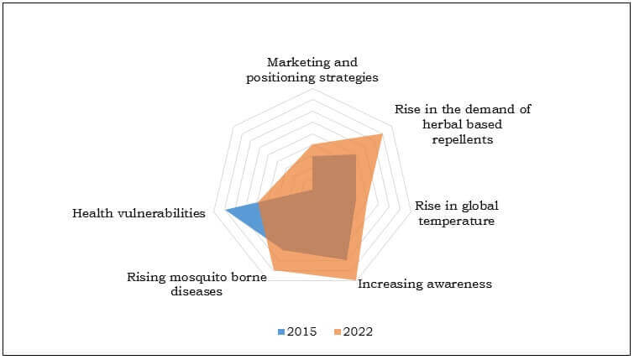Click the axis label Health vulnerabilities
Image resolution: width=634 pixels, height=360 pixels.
tap(139, 213)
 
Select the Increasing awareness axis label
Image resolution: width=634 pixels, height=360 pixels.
tap(425, 284)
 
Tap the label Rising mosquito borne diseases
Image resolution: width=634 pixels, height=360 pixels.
tap(196, 284)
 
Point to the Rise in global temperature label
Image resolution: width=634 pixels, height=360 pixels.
tap(457, 213)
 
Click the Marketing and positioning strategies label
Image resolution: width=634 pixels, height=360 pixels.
tap(312, 70)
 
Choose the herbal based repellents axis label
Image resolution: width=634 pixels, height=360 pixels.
tap(463, 124)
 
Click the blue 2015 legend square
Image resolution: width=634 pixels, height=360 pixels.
tap(281, 332)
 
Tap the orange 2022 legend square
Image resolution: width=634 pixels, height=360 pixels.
tap(338, 332)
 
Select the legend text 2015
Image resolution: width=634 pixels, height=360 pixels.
tap(301, 331)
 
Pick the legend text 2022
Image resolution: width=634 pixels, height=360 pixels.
tap(358, 331)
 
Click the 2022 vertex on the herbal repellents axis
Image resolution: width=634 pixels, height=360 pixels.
tap(382, 134)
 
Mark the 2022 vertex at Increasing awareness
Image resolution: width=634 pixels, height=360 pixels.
tap(356, 279)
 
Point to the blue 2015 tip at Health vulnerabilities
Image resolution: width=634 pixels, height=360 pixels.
tap(225, 210)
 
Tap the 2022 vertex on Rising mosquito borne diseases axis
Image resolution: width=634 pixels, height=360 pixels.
tap(274, 270)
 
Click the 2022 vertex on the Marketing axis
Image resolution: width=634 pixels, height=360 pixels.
tap(312, 145)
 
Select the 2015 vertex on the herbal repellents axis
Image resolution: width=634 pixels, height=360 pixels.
tap(356, 154)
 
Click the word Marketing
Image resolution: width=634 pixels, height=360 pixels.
tap(293, 63)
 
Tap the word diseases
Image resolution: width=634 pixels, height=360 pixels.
tap(196, 291)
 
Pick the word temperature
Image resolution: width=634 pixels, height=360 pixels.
tap(457, 221)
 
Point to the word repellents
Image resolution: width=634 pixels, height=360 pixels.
tap(463, 139)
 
